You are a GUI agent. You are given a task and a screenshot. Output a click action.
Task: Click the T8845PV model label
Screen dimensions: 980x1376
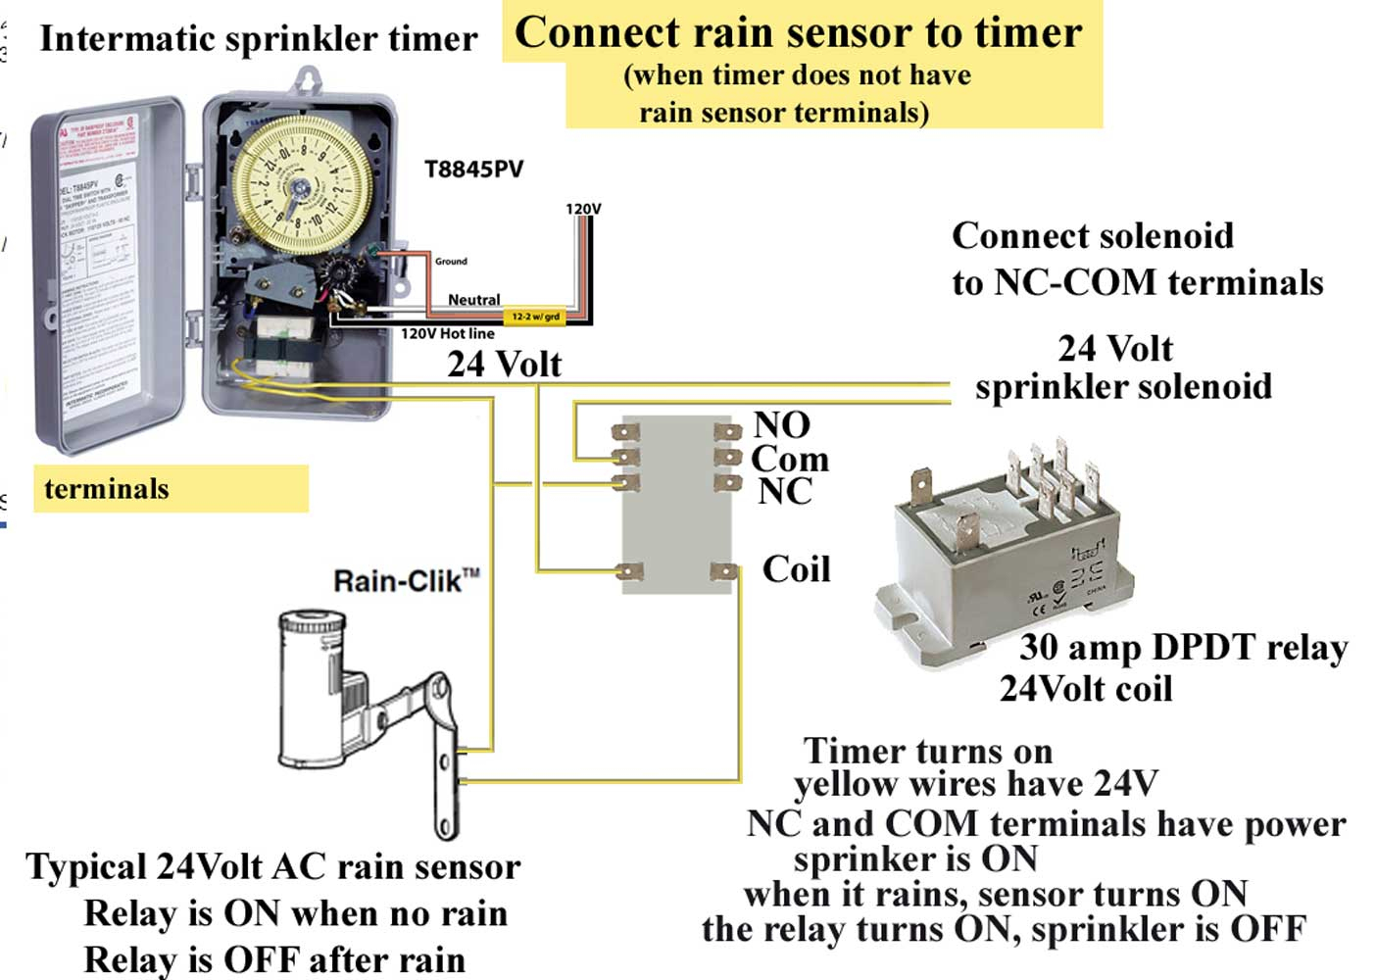(x=473, y=170)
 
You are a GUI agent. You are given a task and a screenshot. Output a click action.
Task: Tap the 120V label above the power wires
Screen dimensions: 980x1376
(x=583, y=209)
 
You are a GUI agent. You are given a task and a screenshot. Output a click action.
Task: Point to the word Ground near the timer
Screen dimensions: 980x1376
(x=451, y=262)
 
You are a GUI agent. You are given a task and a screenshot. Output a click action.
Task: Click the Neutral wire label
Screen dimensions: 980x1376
(x=473, y=299)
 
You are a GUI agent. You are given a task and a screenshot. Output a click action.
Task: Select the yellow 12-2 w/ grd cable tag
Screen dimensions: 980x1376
(x=535, y=317)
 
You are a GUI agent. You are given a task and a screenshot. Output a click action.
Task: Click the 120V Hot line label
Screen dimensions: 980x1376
(x=447, y=333)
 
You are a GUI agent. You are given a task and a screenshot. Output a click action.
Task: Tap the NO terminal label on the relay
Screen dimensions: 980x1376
(x=781, y=425)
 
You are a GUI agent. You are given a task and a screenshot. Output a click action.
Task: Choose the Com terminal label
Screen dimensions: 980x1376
(x=789, y=459)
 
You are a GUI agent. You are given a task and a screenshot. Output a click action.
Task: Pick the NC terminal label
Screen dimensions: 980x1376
(x=784, y=491)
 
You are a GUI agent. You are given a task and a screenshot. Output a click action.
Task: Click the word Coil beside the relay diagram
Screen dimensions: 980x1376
(x=796, y=569)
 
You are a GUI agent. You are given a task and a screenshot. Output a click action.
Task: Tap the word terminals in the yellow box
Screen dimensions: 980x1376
(x=107, y=489)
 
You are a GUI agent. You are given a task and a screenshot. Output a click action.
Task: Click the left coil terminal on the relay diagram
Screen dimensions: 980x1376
(x=628, y=571)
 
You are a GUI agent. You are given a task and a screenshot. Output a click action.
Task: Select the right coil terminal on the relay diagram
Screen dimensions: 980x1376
(x=723, y=571)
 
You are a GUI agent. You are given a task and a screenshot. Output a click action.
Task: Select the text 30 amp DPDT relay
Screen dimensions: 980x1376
(x=1183, y=648)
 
